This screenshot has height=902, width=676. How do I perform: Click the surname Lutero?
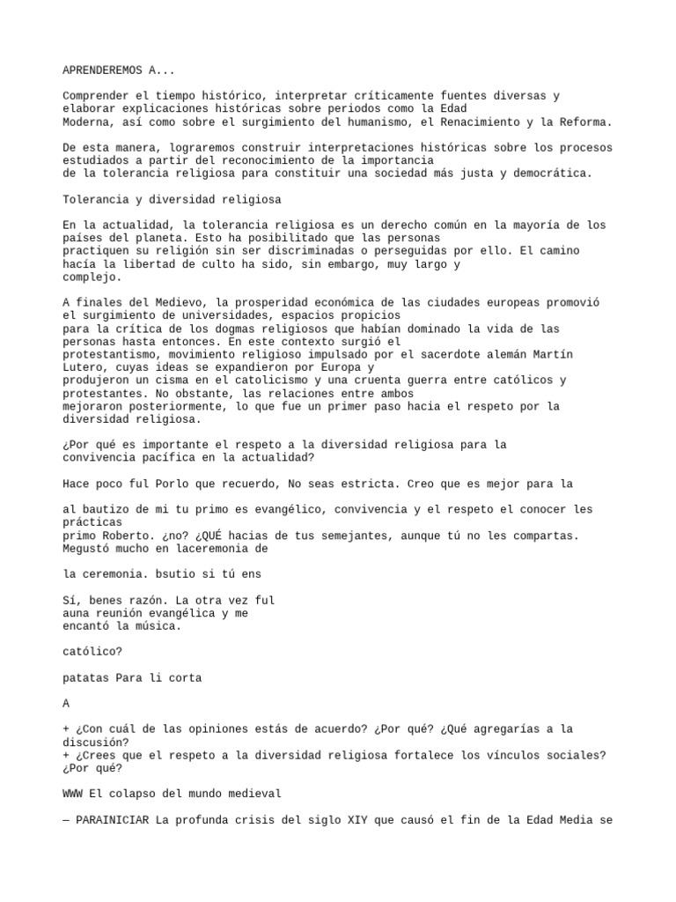(84, 366)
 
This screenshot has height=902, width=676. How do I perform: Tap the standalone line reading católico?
(92, 653)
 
